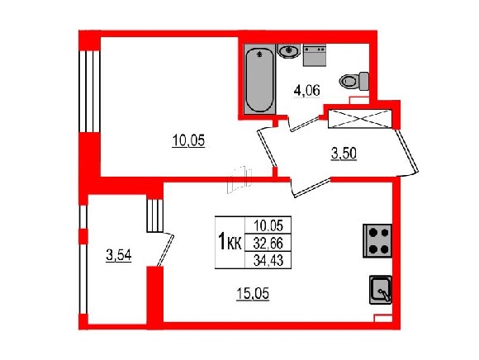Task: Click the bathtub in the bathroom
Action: (x=260, y=79)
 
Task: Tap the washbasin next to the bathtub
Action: (x=289, y=50)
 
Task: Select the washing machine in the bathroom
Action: (x=315, y=55)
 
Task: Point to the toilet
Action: (x=353, y=81)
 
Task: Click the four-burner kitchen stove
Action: (x=377, y=241)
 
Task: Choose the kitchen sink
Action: (x=381, y=290)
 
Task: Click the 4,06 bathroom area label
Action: (x=306, y=91)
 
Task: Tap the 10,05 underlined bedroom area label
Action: (x=188, y=140)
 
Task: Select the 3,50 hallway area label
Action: (x=344, y=154)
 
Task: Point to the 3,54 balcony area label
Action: (x=119, y=255)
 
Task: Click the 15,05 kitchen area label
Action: (x=253, y=294)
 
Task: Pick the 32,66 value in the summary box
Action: (x=268, y=244)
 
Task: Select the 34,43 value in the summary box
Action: (x=268, y=260)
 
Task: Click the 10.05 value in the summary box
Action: (x=268, y=225)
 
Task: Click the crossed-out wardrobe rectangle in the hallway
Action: (x=359, y=119)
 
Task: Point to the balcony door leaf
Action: (x=166, y=250)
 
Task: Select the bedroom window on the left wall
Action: (x=89, y=92)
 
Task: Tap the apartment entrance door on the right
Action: (x=407, y=151)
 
